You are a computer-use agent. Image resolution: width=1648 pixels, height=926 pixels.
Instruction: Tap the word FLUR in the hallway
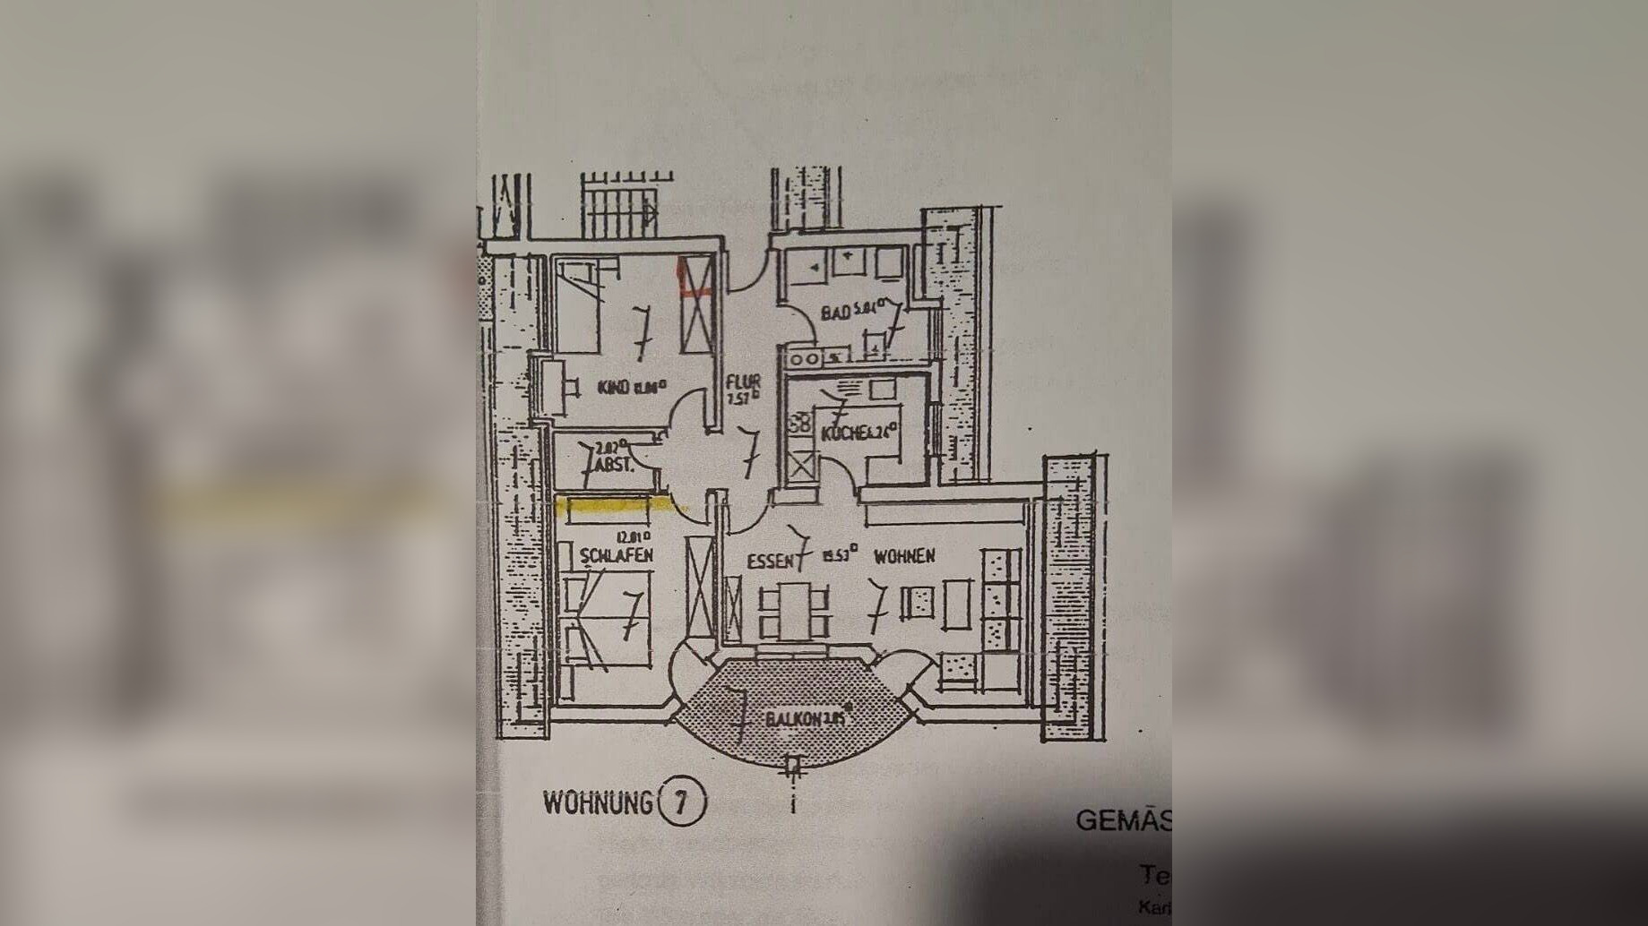[x=744, y=382]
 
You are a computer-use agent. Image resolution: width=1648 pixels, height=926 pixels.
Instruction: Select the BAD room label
[x=835, y=314]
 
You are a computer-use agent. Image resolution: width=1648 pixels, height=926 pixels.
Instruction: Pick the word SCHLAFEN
[x=617, y=555]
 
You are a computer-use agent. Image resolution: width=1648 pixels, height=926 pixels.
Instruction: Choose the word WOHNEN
[x=904, y=556]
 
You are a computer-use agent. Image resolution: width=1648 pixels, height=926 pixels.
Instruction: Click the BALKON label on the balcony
[x=793, y=719]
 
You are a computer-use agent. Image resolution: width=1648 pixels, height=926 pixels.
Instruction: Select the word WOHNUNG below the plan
[x=598, y=802]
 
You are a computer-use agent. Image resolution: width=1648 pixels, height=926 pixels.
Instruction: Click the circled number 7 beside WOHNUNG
[x=681, y=802]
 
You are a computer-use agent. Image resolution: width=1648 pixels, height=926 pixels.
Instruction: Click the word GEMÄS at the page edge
[x=1122, y=820]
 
